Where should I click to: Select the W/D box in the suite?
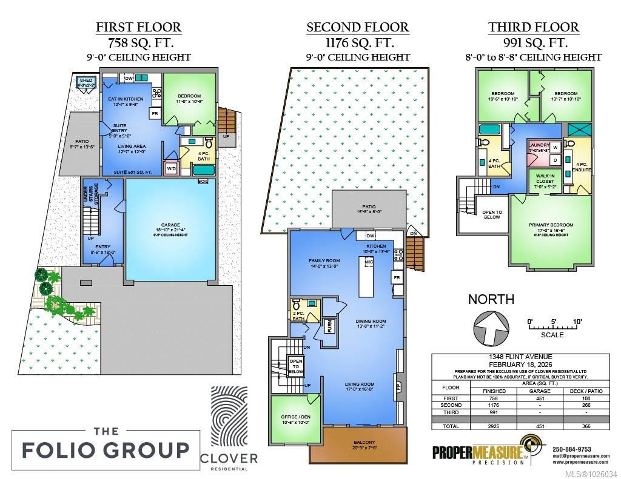[171, 168]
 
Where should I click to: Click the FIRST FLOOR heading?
[139, 27]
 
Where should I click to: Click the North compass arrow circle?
[491, 329]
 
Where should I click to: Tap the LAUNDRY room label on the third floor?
[539, 145]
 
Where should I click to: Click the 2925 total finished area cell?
[494, 426]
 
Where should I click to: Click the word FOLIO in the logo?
[64, 450]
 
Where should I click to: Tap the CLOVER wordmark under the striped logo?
[229, 458]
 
